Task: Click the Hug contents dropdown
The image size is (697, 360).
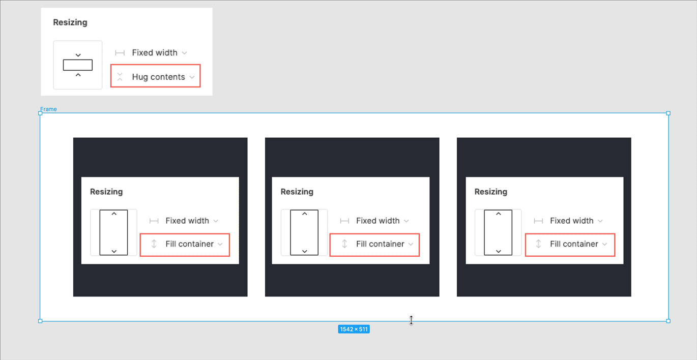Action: (155, 76)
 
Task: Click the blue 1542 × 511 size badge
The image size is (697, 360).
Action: (354, 329)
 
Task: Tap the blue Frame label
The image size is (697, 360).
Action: (48, 109)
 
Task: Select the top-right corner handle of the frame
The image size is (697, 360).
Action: (668, 113)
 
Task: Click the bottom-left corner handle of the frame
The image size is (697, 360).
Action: (40, 321)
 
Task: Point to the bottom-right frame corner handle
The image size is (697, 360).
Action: (668, 321)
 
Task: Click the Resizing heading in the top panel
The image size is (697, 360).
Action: (70, 22)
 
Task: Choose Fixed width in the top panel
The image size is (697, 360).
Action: (155, 52)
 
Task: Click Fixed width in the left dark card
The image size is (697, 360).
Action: (187, 221)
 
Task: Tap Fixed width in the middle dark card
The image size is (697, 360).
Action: (377, 221)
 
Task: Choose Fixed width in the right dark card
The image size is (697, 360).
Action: (572, 221)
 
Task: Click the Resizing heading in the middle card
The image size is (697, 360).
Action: (297, 192)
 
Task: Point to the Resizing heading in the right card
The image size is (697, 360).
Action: (491, 192)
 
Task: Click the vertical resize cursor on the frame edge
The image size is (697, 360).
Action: (411, 320)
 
